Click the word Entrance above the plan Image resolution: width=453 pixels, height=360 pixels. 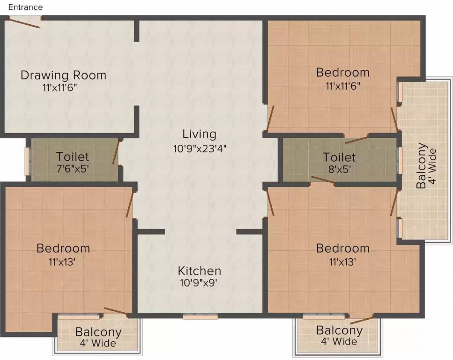click(25, 7)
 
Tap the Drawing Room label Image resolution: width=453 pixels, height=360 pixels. click(63, 75)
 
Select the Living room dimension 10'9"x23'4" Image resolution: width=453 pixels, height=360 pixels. click(199, 149)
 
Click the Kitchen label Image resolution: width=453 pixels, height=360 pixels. click(199, 271)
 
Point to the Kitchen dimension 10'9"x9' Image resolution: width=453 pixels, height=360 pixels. click(199, 283)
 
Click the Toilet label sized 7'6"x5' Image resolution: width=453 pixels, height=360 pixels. click(73, 157)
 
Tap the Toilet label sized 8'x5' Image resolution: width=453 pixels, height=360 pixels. click(339, 157)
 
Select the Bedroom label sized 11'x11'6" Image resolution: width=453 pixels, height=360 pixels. click(342, 73)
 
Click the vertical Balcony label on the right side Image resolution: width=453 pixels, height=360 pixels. click(422, 165)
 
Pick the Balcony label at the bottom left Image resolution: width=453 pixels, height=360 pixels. click(98, 332)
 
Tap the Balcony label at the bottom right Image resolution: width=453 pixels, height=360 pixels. click(339, 330)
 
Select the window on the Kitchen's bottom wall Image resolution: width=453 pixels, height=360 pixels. click(200, 316)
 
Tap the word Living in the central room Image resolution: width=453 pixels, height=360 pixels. click(199, 135)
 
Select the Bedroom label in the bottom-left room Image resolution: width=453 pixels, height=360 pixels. click(63, 248)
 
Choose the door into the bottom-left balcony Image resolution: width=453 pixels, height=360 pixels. click(116, 311)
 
